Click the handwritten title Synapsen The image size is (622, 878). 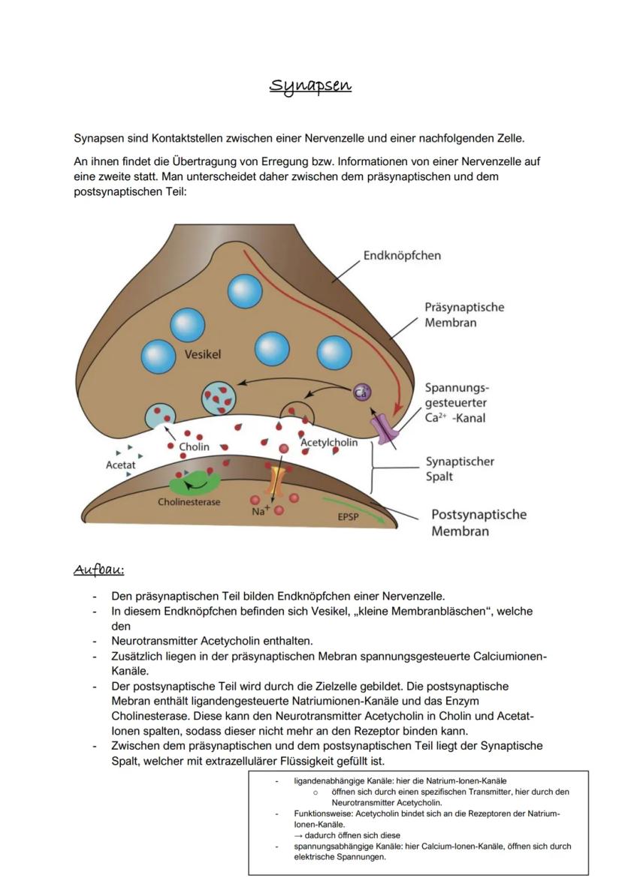(310, 85)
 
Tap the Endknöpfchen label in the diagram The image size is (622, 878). (402, 255)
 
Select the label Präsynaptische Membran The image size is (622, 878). (464, 315)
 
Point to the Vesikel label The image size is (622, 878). (203, 354)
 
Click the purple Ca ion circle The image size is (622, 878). (361, 392)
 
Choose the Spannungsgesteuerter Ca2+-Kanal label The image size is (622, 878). (456, 403)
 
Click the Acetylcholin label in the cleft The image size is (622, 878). (329, 443)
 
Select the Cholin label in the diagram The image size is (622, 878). (194, 447)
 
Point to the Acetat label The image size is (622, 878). (120, 465)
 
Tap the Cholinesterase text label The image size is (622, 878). (189, 502)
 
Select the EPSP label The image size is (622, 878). (348, 517)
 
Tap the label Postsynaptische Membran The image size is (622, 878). (479, 523)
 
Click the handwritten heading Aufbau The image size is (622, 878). (98, 570)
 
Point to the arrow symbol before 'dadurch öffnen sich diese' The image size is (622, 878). (298, 835)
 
